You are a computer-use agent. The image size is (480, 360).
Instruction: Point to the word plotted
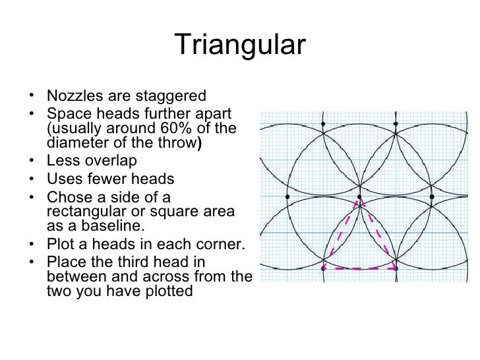tap(165, 291)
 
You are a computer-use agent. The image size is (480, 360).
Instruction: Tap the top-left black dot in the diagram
tap(322, 123)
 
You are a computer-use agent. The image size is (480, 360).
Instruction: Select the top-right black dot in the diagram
tap(395, 123)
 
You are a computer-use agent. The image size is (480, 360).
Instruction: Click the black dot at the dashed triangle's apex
tap(359, 196)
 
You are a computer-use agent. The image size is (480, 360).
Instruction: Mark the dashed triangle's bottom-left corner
tap(322, 268)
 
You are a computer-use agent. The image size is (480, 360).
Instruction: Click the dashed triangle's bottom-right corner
tap(396, 268)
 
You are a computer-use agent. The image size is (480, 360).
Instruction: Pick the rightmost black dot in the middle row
tap(431, 196)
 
